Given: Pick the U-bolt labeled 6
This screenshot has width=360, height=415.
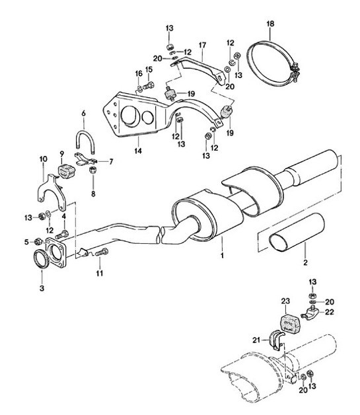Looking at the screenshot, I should point(85,141).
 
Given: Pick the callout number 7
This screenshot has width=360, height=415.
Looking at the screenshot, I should point(110,161).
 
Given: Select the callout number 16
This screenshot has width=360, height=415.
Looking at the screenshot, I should point(139,74).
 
